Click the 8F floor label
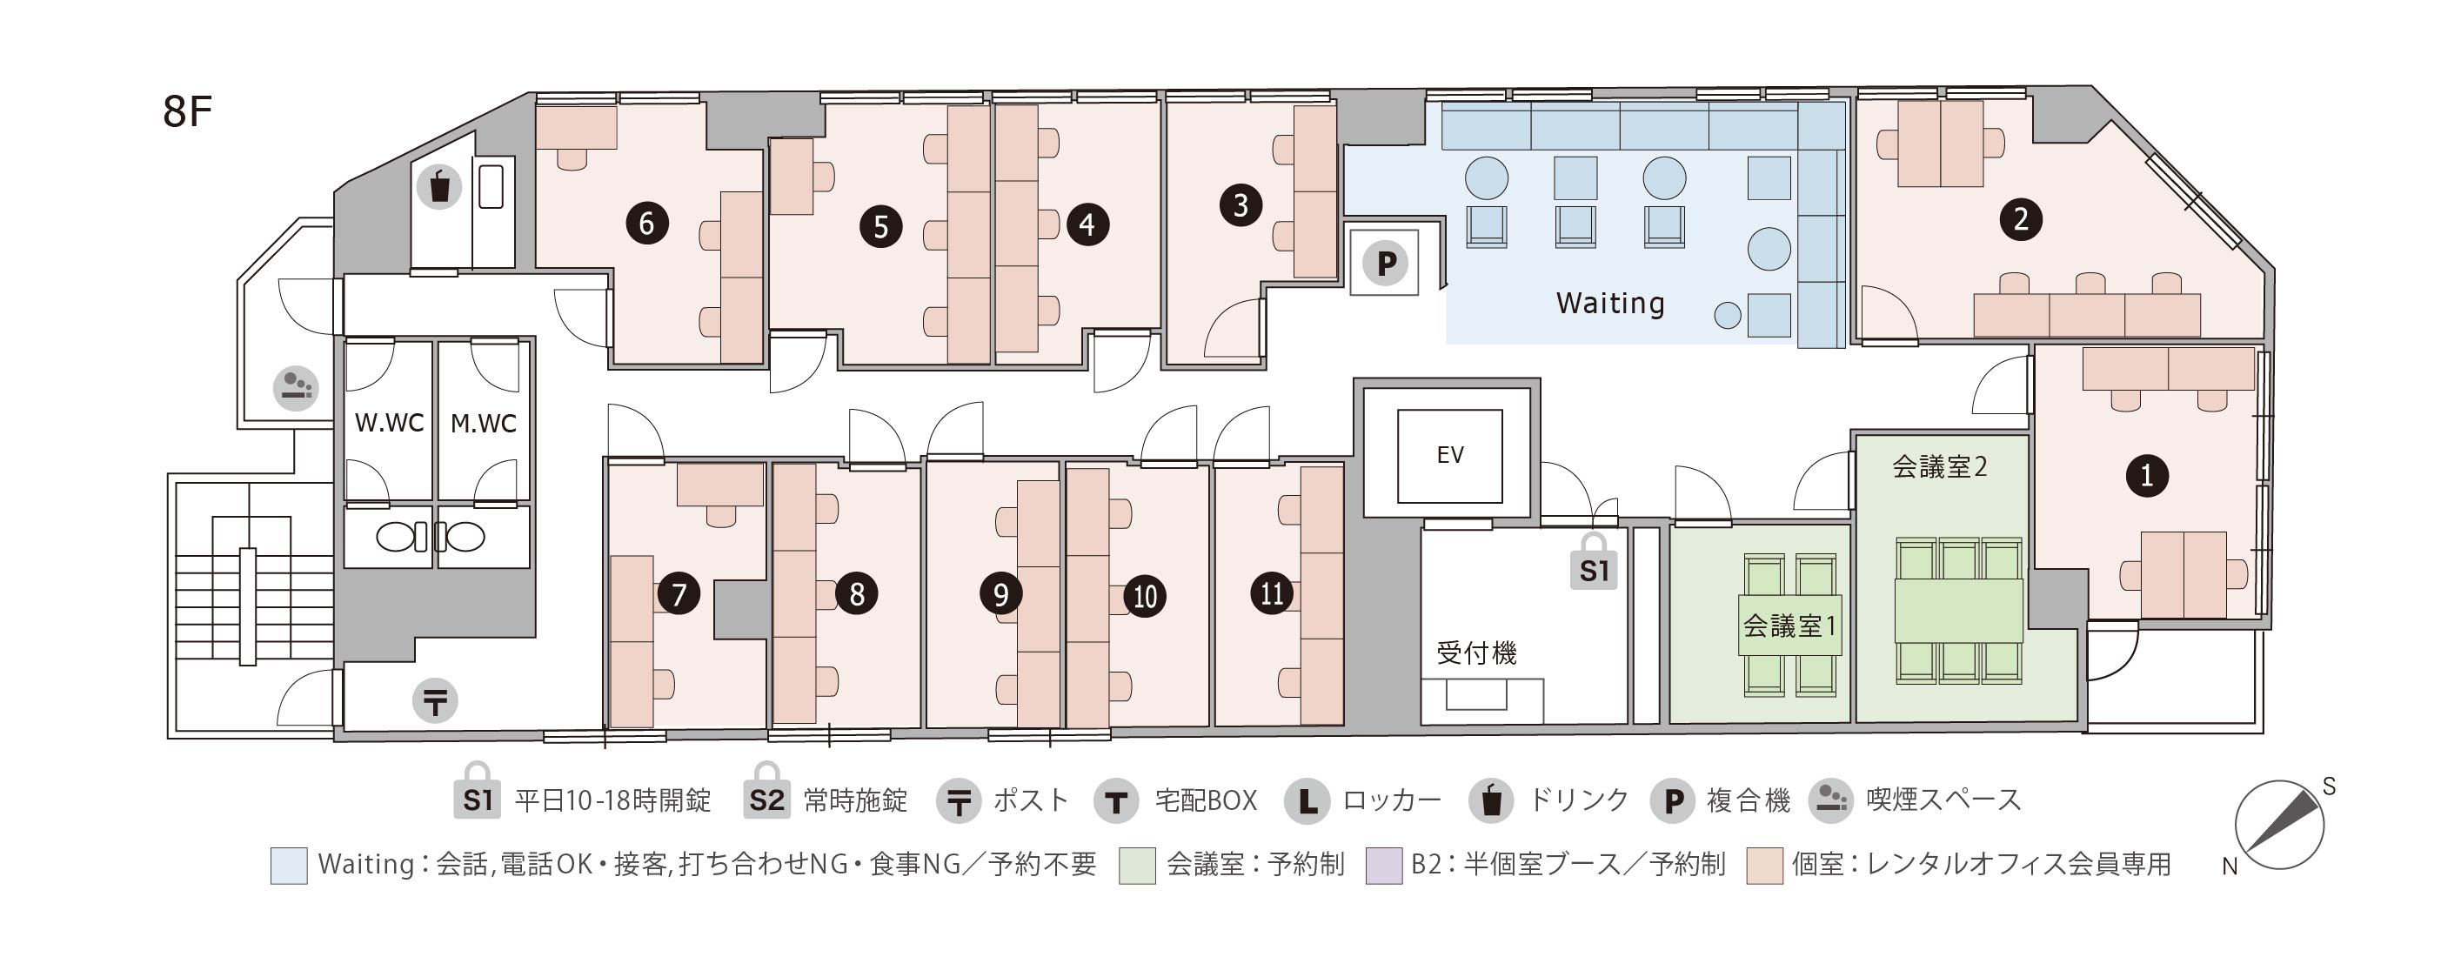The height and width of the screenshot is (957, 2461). [187, 111]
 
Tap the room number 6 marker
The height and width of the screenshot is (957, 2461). [646, 224]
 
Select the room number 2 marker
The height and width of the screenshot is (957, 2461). [2021, 218]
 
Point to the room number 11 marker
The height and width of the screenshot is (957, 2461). [1272, 593]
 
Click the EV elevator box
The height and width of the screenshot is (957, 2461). [1449, 456]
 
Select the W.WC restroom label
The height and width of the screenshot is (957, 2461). [389, 423]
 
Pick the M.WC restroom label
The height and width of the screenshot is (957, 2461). [484, 423]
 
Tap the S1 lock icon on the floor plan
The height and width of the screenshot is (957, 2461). [1594, 563]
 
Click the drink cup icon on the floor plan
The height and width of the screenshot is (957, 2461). [439, 186]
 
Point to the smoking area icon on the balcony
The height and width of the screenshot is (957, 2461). [296, 388]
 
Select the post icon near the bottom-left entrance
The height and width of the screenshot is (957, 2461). [435, 701]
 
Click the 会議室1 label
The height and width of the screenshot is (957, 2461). [1789, 626]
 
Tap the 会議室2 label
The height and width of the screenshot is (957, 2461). [1939, 467]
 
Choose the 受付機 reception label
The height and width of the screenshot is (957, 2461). [1476, 653]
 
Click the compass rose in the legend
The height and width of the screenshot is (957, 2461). [2279, 824]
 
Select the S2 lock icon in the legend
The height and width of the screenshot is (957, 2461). [766, 791]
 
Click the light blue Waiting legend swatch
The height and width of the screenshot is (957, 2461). [289, 866]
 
